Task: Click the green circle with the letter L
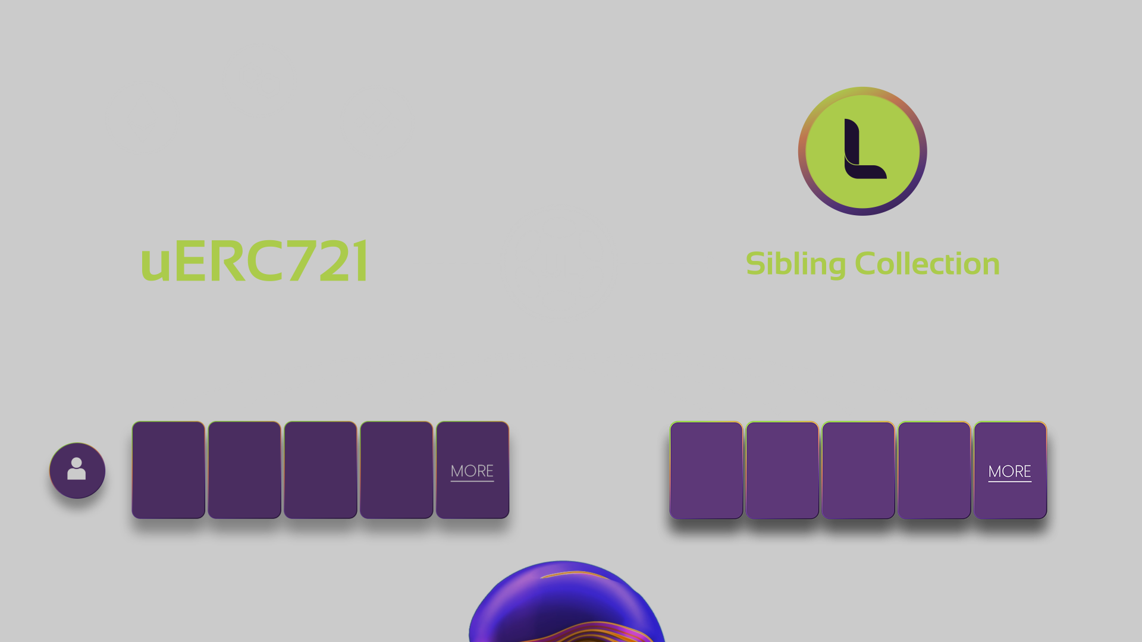[x=862, y=151]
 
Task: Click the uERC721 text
[x=255, y=261]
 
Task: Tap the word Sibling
[x=795, y=264]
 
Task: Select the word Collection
[x=927, y=264]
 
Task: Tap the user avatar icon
[x=77, y=470]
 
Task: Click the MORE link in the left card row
[x=472, y=471]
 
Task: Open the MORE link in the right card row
[x=1009, y=471]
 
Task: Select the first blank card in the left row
[x=168, y=470]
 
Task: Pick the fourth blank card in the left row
[x=396, y=470]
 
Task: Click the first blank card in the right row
[x=706, y=470]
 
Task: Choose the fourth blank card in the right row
[x=934, y=470]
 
